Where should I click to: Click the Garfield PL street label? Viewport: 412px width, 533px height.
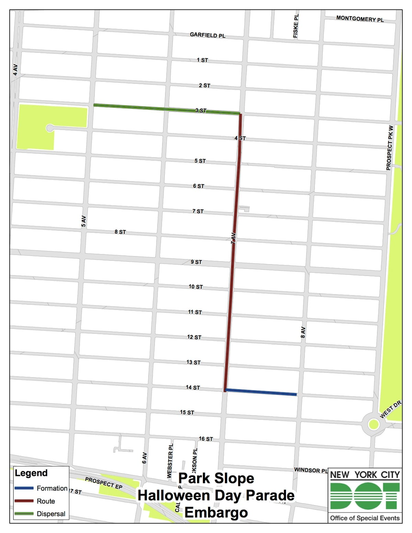(207, 35)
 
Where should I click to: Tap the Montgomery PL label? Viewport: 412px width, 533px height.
(360, 19)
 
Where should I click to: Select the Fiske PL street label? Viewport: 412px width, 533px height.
(296, 25)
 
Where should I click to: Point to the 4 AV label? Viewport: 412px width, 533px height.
(15, 69)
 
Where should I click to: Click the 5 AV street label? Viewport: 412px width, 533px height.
(83, 221)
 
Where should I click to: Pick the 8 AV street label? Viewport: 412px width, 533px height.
(303, 332)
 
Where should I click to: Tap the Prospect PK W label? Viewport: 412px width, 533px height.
(390, 148)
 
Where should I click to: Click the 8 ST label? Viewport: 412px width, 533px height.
(120, 232)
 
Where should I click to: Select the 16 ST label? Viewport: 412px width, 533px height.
(206, 439)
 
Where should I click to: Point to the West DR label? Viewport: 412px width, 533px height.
(390, 410)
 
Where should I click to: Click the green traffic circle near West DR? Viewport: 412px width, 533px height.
(373, 425)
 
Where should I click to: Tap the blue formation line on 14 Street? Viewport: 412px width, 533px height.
(261, 392)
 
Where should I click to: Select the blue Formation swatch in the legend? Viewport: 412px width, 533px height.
(24, 488)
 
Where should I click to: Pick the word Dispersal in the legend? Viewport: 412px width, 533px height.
(51, 514)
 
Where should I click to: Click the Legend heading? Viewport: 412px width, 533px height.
(31, 473)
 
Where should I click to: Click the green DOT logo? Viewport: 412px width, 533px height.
(365, 496)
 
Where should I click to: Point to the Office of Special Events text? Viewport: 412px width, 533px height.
(365, 518)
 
